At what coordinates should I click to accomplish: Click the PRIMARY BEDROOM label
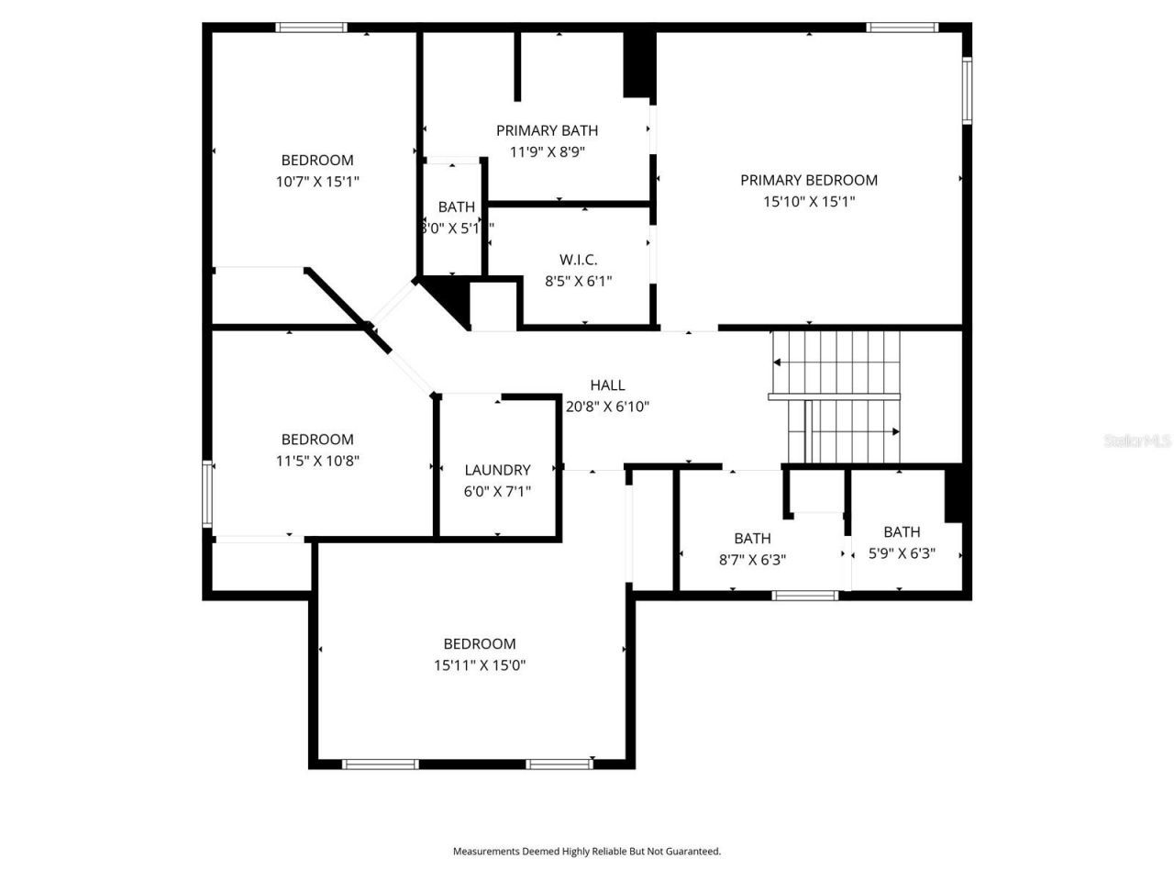coord(809,180)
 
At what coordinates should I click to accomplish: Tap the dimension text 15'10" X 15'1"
coord(809,202)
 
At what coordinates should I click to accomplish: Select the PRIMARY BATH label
coord(547,130)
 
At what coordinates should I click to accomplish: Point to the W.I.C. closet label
coord(578,260)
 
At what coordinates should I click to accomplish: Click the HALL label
coord(607,385)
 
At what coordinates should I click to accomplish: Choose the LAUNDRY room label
coord(497,470)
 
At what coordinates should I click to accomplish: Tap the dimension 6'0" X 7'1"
coord(497,492)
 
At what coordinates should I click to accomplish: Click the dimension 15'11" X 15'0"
coord(480,665)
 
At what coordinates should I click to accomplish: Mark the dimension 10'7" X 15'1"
coord(317,182)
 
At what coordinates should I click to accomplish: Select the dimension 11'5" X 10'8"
coord(317,461)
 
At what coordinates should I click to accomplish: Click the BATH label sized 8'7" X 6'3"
coord(752,539)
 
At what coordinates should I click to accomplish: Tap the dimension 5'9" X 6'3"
coord(902,553)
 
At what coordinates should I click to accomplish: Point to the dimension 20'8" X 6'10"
coord(607,407)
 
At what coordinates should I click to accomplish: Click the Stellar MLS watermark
coord(1137,440)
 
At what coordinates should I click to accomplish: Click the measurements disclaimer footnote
coord(587,852)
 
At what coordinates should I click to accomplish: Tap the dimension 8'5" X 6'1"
coord(578,282)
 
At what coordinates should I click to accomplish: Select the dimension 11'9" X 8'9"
coord(547,152)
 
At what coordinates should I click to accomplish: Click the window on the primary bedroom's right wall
coord(967,91)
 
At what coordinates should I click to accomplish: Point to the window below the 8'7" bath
coord(805,596)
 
